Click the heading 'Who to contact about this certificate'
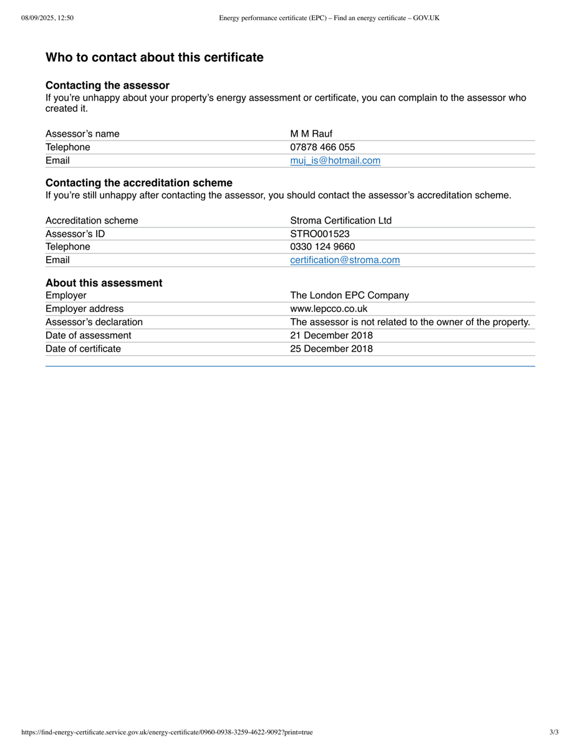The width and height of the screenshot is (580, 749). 154,57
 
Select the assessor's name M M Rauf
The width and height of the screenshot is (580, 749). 311,134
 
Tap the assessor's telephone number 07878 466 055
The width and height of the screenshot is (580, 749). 322,147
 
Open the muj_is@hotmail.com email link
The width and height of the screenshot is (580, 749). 335,160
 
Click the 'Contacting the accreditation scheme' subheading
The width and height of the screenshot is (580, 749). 138,183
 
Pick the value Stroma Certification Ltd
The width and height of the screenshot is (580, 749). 341,220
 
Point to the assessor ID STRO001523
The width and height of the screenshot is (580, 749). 320,233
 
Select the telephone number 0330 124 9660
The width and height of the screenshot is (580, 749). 322,247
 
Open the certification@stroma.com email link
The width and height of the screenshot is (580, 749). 345,260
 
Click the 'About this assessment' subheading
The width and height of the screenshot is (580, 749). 104,283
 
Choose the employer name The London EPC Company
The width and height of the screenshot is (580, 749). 349,295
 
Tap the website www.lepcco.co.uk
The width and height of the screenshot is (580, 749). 329,308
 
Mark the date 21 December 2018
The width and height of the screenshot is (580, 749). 331,335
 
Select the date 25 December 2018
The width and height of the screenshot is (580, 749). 331,348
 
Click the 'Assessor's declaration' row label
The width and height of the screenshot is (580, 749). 94,322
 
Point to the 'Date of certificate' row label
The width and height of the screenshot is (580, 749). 83,348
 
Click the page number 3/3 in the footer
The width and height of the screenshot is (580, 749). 554,732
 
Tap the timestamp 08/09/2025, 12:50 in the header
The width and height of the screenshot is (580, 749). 47,18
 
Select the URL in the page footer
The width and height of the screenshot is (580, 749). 167,732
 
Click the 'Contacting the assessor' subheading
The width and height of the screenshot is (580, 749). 107,86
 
